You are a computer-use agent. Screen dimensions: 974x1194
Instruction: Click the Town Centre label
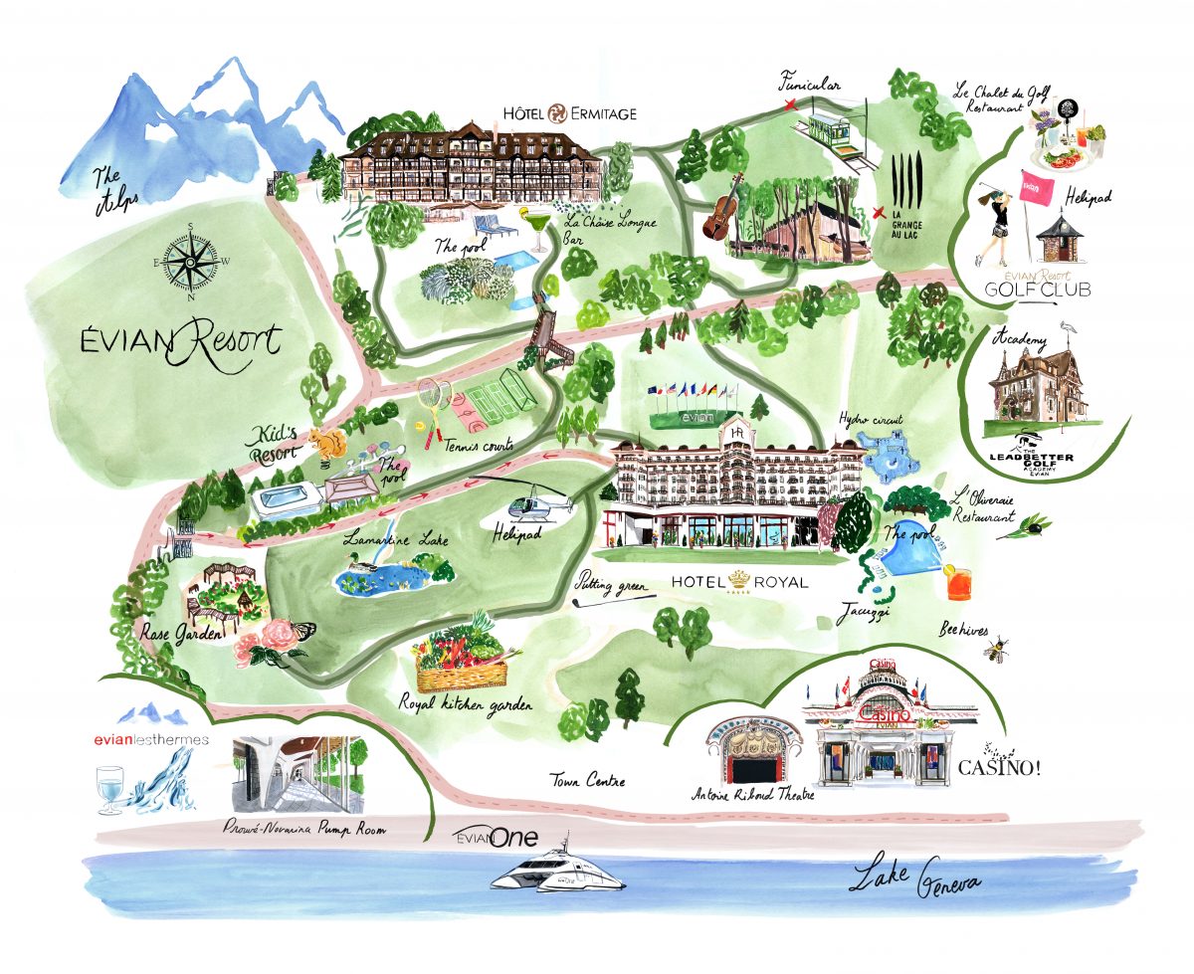[x=589, y=781]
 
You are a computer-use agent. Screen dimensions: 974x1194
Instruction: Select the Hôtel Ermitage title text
[x=570, y=113]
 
